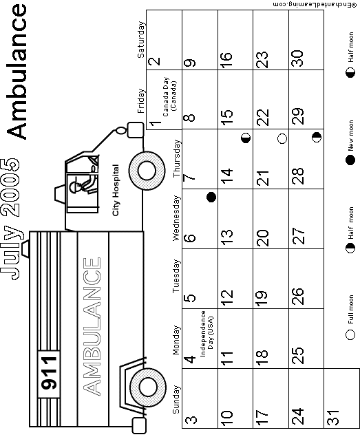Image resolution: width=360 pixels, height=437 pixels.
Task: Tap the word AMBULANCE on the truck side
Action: tap(92, 326)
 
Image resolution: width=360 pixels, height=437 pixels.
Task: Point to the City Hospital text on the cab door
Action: tap(116, 190)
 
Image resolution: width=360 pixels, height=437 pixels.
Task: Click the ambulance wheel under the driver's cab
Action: tap(147, 171)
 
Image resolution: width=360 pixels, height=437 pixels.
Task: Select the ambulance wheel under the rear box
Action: tap(148, 387)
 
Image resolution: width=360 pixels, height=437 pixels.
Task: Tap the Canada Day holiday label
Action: tap(169, 96)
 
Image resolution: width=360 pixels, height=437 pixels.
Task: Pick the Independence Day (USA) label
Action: tap(207, 333)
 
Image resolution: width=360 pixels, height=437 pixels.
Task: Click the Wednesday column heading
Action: tap(176, 218)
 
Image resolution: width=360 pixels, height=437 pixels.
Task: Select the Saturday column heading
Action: tap(141, 40)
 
